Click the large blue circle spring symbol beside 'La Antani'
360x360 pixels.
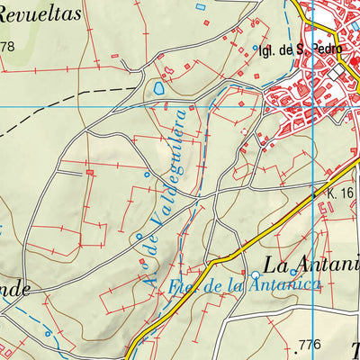tap(256, 271)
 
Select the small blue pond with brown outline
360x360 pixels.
tap(159, 89)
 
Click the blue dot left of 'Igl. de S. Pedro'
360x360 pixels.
tap(255, 48)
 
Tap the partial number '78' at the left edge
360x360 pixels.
tap(8, 47)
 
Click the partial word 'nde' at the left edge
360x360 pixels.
tap(15, 290)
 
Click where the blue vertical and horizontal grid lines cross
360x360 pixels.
tap(312, 106)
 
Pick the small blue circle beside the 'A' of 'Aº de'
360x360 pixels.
tap(139, 237)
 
